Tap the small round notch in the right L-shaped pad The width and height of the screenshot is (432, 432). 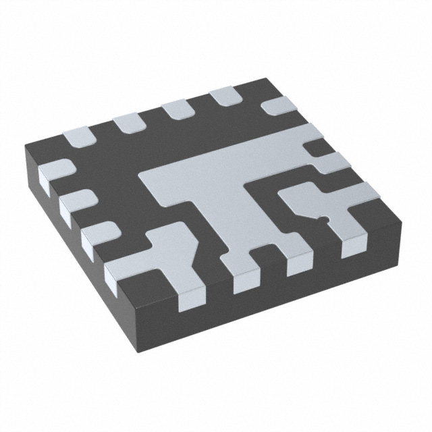tap(325, 218)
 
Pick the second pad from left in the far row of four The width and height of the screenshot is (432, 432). tap(126, 122)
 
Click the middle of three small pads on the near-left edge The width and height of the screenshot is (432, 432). tap(76, 202)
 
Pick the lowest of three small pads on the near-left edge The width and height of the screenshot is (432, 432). tap(97, 236)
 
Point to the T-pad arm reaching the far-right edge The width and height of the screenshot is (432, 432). tap(304, 138)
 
